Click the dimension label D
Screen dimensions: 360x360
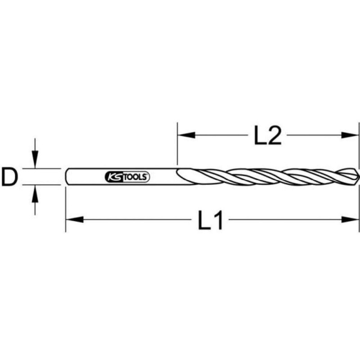click(9, 176)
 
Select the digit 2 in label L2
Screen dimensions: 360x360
click(273, 135)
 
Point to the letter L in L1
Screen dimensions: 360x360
click(204, 220)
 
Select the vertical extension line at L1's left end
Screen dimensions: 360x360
click(66, 207)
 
